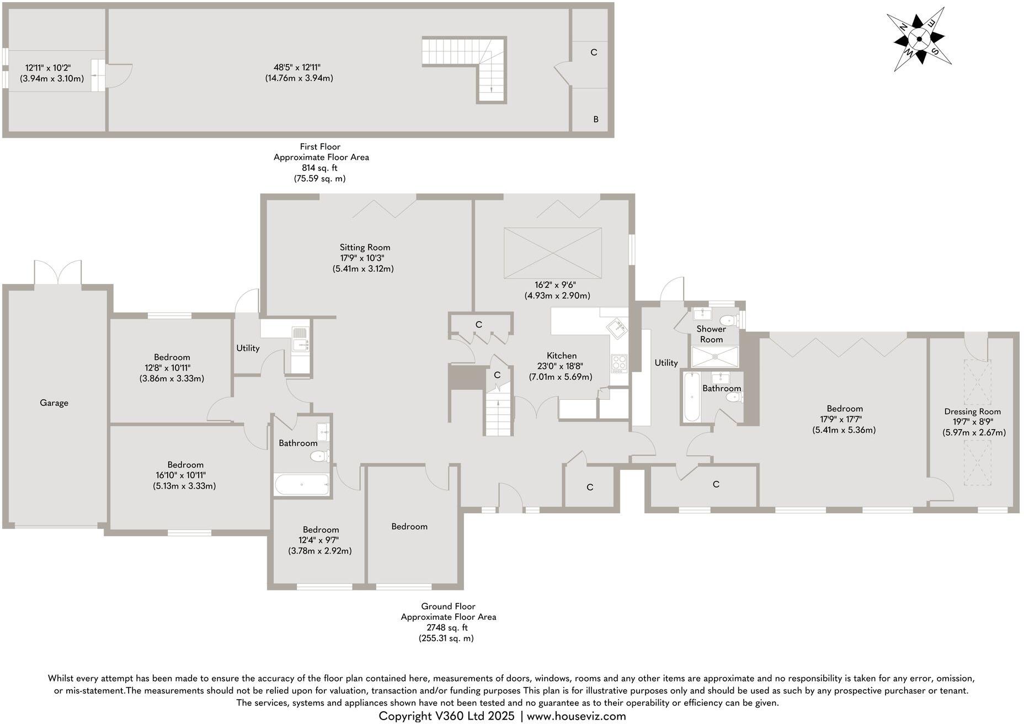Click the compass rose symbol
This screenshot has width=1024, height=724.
pos(919,39)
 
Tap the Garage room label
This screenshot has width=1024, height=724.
pos(54,403)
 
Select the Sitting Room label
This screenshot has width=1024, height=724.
pos(365,248)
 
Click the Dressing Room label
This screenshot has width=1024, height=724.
pos(972,411)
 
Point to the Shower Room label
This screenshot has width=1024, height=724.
pos(711,334)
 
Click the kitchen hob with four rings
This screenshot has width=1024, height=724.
pos(619,362)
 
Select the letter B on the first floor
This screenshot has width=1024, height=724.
pos(595,119)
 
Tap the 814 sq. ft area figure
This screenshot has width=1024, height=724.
pos(319,168)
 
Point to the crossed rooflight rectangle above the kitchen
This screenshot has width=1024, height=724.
pos(552,254)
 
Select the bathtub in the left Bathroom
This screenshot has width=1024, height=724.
pos(302,485)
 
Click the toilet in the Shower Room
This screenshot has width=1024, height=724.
pos(729,320)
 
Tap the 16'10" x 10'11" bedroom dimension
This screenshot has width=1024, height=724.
pos(184,475)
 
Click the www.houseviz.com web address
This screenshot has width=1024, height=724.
pos(577,716)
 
